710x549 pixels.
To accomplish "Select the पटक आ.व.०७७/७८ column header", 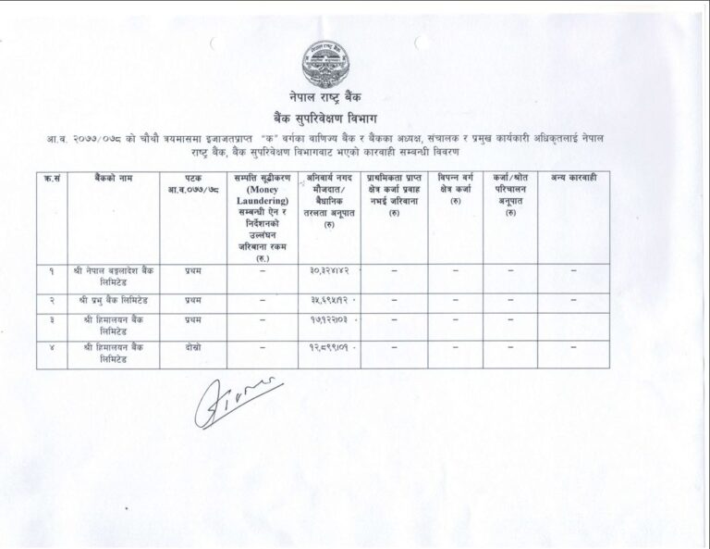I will [192, 181].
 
